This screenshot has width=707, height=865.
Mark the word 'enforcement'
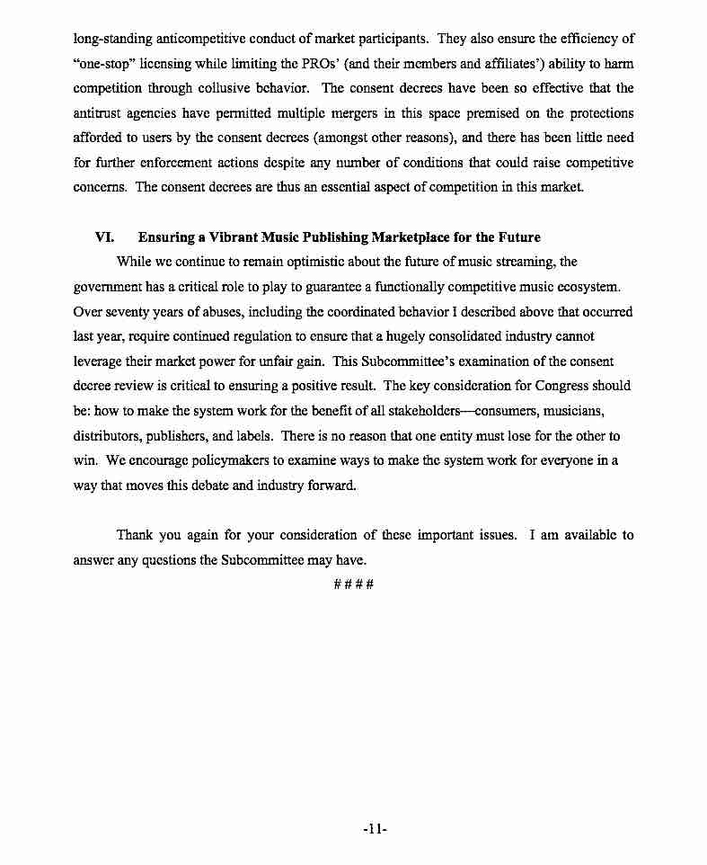[x=181, y=163]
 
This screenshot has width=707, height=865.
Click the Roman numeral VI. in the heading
[x=103, y=237]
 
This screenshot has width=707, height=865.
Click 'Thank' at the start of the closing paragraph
[x=135, y=535]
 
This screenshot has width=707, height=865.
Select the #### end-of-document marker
[x=353, y=584]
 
